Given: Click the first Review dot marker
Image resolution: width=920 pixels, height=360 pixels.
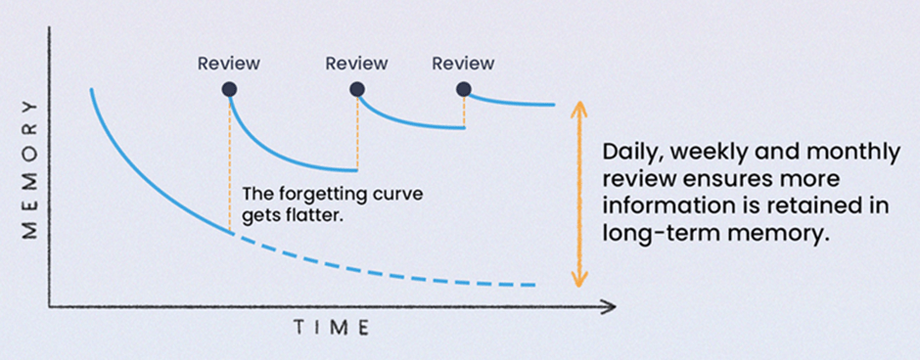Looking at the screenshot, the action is pos(229,89).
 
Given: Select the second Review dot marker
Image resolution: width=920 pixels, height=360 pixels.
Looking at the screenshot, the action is pos(357,89).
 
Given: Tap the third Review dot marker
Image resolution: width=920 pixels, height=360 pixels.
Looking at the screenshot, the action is pos(463,89).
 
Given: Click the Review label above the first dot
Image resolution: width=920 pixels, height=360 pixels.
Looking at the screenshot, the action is pos(229,65).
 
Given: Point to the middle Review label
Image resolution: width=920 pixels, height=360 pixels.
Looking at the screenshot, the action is pos(357,65).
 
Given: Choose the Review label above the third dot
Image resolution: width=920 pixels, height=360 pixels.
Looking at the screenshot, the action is pos(463,65).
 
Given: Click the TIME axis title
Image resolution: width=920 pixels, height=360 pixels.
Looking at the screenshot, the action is pos(332,328).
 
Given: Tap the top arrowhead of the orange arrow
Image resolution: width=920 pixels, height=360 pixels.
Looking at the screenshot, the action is pos(579,106).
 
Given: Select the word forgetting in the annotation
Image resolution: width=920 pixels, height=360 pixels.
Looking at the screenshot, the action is pos(312,193).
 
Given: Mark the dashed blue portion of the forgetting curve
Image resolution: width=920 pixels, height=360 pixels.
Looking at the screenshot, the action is pos(391,268).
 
